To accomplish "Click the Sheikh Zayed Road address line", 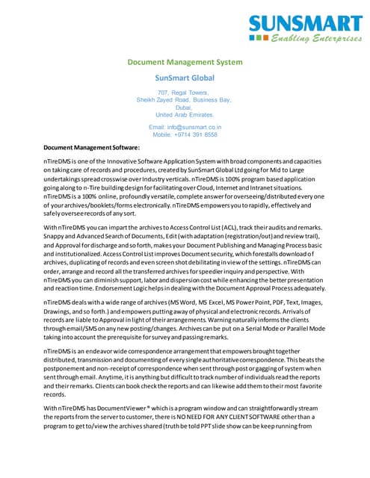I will pos(183,99).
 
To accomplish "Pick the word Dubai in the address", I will pos(183,108).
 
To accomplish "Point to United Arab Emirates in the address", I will pos(183,115).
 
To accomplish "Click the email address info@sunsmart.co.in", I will pos(183,128).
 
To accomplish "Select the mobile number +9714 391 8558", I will pos(185,135).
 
